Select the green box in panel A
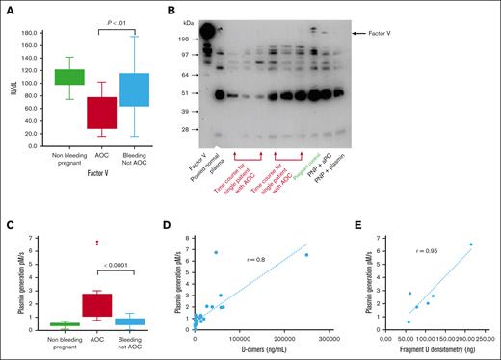tap(68, 77)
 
